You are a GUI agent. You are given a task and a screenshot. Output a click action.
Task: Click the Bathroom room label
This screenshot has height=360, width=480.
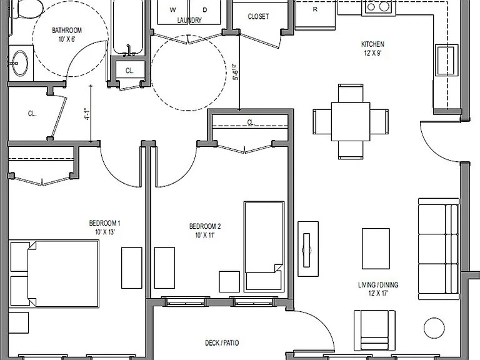67,30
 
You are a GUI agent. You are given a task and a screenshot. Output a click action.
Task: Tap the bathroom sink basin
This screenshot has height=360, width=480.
20,63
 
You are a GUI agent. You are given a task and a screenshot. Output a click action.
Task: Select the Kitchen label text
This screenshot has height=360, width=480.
372,44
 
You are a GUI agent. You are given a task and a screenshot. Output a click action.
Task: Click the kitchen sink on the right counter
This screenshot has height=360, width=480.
447,60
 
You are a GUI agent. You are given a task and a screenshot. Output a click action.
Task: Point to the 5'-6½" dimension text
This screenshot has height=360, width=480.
235,72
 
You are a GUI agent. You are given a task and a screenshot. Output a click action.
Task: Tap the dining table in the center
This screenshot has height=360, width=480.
351,121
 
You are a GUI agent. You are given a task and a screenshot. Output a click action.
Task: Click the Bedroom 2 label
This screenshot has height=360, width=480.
205,226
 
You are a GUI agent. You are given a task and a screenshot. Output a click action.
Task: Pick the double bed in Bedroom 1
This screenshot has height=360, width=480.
54,274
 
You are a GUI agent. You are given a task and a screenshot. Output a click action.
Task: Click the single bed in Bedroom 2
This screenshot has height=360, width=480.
264,246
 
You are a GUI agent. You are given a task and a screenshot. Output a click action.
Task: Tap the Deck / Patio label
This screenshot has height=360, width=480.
222,343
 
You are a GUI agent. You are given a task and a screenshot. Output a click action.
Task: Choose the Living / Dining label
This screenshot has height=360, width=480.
378,285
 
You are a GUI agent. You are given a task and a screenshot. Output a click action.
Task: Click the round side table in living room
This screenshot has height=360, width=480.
434,328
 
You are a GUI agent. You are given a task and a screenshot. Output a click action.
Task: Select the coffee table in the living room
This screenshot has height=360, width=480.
376,249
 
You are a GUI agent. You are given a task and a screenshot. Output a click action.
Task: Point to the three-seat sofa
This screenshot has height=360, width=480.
439,249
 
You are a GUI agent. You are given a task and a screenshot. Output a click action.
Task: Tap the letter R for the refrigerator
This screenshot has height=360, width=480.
315,9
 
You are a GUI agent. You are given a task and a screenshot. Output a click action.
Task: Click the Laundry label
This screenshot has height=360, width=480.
189,20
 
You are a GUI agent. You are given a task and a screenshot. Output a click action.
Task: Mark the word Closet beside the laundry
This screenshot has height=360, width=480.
258,16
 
